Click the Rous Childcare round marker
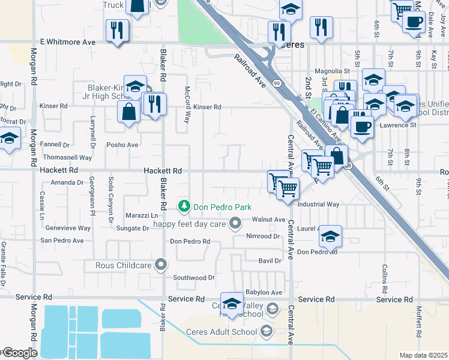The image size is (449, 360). click(160, 264)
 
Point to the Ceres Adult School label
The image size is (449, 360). click(226, 332)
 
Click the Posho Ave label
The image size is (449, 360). click(122, 145)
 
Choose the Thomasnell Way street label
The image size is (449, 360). click(67, 157)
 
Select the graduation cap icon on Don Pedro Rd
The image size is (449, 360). click(330, 236)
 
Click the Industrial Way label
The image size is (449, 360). click(318, 205)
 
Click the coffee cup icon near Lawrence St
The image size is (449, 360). click(362, 127)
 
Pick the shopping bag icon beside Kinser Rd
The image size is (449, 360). click(128, 111)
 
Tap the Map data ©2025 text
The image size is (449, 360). click(423, 355)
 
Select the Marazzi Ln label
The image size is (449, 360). click(142, 215)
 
